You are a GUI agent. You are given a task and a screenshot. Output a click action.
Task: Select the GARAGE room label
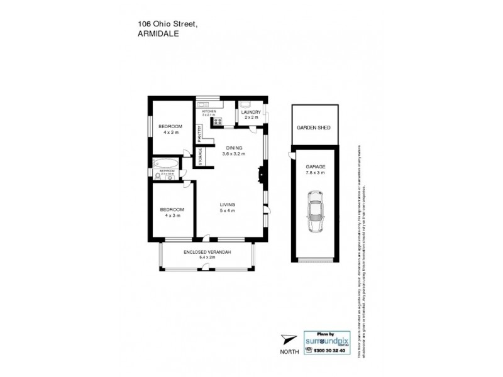315,167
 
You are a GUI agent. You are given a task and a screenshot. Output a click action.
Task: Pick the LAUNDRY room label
251,112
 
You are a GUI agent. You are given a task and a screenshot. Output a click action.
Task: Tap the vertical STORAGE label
201,156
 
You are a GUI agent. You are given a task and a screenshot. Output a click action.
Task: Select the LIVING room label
227,205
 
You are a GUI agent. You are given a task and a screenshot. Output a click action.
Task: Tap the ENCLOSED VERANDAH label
207,252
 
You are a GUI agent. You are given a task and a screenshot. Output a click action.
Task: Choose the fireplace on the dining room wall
262,173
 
